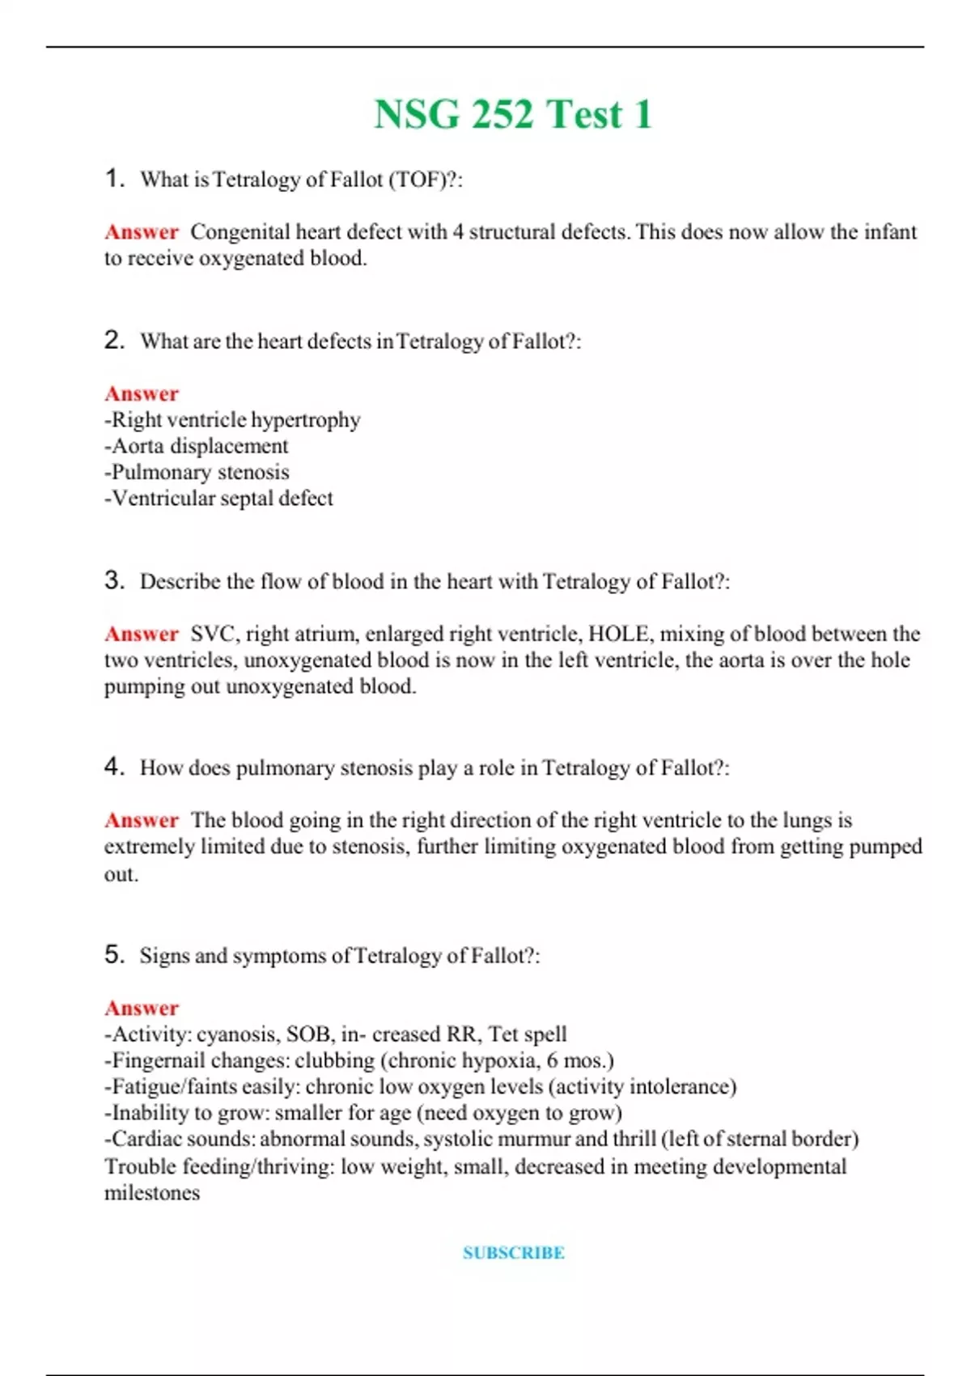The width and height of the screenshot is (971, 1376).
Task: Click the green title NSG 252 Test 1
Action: [512, 114]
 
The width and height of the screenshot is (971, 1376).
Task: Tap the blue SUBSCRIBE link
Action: [513, 1253]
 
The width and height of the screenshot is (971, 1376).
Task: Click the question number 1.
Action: [114, 178]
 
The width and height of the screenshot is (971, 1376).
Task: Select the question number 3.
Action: [114, 580]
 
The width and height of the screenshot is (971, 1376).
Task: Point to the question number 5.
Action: [114, 954]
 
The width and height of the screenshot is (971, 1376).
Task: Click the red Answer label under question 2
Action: [142, 393]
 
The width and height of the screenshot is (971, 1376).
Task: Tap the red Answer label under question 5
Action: [142, 1008]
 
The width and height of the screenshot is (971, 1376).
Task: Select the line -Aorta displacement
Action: [197, 446]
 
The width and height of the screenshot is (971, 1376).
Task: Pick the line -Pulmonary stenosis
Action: [197, 472]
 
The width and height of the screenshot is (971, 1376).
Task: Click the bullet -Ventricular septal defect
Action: [218, 499]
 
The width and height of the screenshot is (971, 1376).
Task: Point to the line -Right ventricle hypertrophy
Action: [232, 420]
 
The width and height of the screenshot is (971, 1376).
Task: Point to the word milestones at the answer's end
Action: [152, 1193]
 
